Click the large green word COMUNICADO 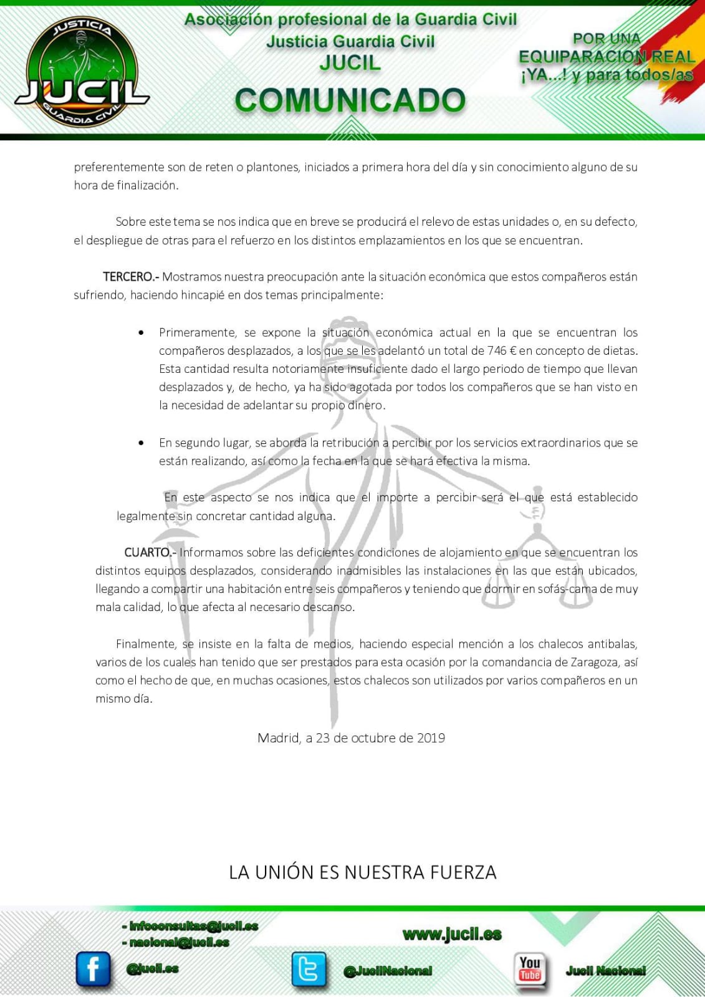[x=350, y=100]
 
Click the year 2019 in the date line [x=431, y=738]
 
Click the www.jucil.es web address [x=452, y=934]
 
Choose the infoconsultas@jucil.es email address [x=190, y=927]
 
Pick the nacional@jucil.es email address [x=176, y=942]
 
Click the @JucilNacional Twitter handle [x=387, y=971]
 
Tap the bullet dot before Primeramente [x=141, y=333]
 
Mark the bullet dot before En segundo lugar [x=141, y=443]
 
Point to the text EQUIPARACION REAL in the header [x=607, y=57]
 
